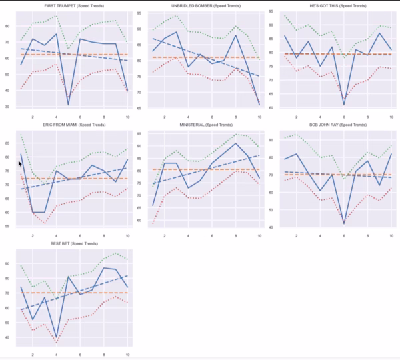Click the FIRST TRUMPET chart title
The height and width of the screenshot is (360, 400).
(x=73, y=5)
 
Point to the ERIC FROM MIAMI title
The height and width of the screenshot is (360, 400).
(x=73, y=125)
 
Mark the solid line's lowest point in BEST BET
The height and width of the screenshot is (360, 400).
(x=56, y=341)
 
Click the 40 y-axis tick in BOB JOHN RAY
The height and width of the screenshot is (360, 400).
(x=273, y=227)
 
